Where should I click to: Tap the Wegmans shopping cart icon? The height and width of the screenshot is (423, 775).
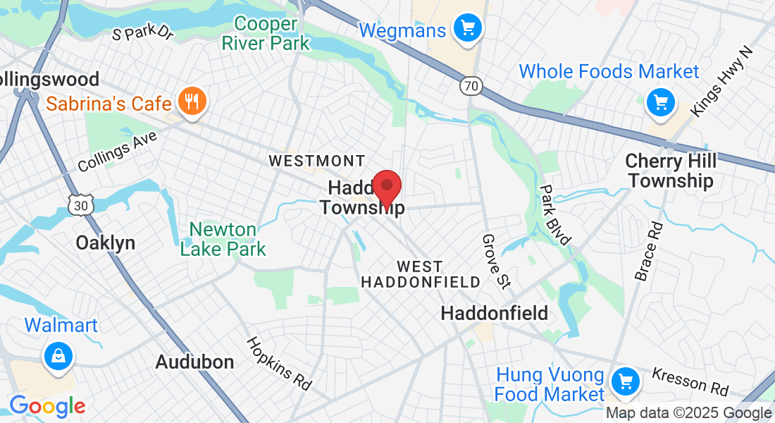[x=466, y=30]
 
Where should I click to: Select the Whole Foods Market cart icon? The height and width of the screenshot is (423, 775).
[x=660, y=104]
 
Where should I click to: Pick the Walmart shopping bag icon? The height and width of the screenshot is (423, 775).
[x=58, y=357]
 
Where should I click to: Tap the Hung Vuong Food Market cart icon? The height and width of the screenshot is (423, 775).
[x=624, y=383]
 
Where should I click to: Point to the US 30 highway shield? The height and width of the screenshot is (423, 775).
[x=79, y=205]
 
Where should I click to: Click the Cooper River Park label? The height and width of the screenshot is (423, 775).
[x=266, y=33]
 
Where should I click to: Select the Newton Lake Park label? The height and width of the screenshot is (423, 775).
[x=223, y=239]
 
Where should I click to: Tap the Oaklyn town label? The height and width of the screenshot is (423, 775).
[x=105, y=243]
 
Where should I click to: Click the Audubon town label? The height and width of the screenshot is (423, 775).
[x=194, y=362]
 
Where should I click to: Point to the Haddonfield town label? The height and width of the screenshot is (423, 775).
[x=494, y=313]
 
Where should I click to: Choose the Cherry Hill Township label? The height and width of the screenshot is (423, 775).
[x=671, y=171]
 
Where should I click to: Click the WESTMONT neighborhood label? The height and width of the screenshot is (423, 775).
[x=317, y=161]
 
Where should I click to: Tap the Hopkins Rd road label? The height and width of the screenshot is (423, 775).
[x=279, y=364]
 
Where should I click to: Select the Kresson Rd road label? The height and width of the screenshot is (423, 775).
[x=690, y=381]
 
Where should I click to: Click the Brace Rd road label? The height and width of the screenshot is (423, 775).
[x=649, y=252]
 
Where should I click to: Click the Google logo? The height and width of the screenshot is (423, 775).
[x=47, y=406]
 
